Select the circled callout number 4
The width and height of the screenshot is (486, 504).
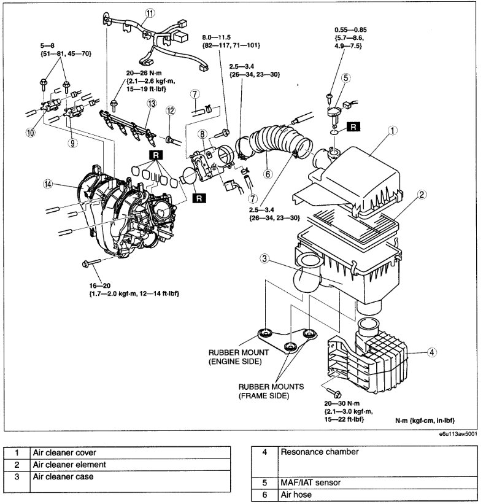click(432, 352)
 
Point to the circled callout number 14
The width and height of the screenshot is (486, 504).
click(47, 183)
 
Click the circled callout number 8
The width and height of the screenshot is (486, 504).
click(203, 134)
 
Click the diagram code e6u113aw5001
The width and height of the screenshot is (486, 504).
click(458, 432)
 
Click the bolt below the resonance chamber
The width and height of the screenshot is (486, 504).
click(334, 391)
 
